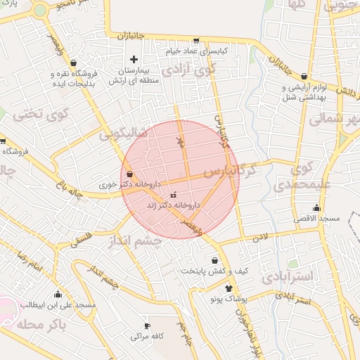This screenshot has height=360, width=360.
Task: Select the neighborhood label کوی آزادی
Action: click(x=186, y=70)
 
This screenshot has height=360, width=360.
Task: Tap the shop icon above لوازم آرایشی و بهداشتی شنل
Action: click(x=304, y=77)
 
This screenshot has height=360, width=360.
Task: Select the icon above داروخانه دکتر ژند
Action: click(x=174, y=195)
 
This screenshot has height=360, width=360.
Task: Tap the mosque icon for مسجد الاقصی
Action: click(x=316, y=207)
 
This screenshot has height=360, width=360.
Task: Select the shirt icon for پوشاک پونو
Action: click(x=229, y=288)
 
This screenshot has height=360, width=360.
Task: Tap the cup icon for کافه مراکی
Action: click(x=147, y=326)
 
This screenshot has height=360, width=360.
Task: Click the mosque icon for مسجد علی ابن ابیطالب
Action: click(x=58, y=295)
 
